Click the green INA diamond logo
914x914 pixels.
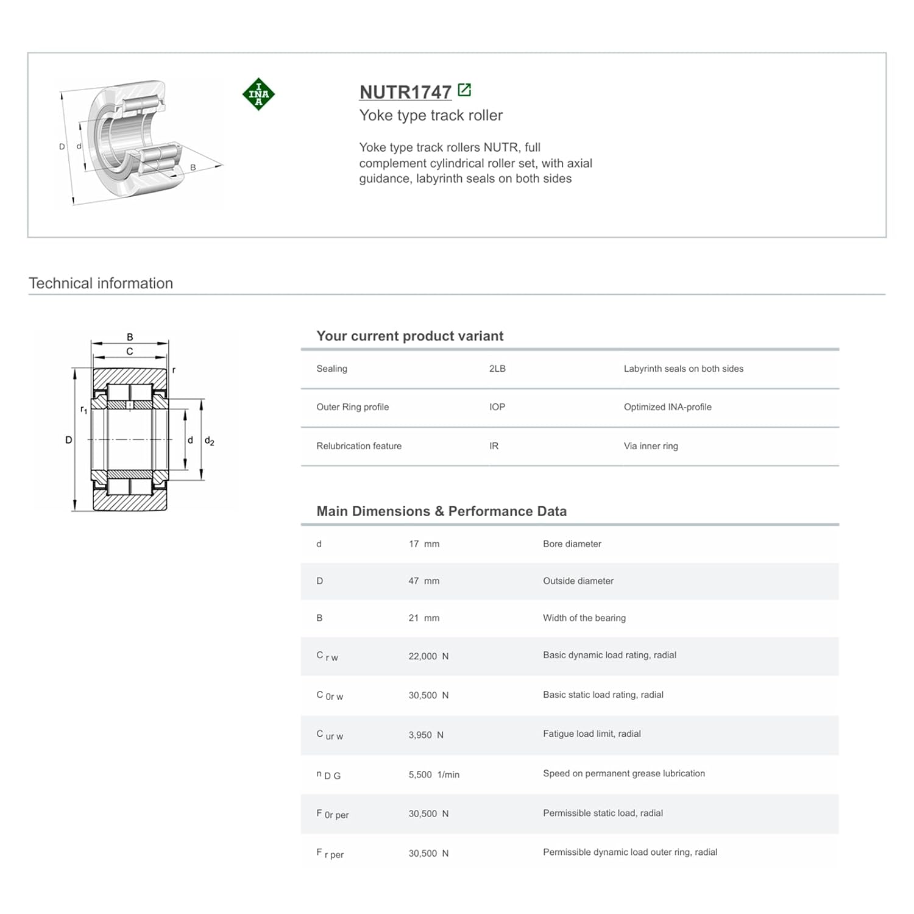click(258, 94)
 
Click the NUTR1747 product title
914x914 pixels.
click(405, 92)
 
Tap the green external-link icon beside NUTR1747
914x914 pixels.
click(464, 90)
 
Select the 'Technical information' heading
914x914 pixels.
click(101, 283)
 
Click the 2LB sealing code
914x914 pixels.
click(497, 369)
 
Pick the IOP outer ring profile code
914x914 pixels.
click(497, 407)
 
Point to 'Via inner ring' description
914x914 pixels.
click(651, 446)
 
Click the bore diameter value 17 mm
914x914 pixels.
click(423, 544)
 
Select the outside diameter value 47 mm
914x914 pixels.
click(423, 581)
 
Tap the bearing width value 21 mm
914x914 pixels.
click(423, 618)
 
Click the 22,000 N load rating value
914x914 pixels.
click(428, 656)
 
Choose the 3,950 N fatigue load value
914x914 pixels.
click(426, 735)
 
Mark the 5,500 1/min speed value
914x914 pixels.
click(434, 774)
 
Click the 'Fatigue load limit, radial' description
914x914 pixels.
click(592, 734)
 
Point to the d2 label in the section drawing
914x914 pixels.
click(209, 441)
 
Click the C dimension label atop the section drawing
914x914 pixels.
click(130, 352)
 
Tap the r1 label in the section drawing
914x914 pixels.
click(83, 410)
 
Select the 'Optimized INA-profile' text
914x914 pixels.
click(667, 407)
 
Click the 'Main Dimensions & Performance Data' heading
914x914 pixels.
click(441, 511)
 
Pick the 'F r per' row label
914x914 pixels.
click(330, 854)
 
